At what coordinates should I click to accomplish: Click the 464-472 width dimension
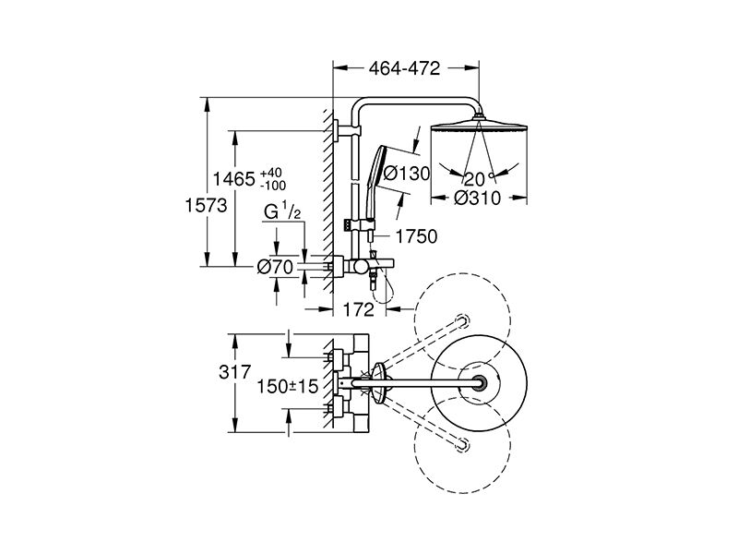coord(404,68)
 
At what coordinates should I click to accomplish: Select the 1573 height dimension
coord(206,205)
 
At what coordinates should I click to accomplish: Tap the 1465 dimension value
coord(234,179)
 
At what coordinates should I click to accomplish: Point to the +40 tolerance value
coord(271,173)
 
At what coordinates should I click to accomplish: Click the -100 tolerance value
coord(273,186)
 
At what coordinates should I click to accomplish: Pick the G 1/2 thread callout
coord(282,211)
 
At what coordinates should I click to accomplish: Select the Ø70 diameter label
coord(276,268)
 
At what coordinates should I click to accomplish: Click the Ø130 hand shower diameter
coord(407,174)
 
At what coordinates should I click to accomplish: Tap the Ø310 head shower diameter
coord(477,198)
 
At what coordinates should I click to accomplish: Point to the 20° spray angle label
coord(478,178)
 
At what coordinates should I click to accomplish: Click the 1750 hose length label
coord(417,236)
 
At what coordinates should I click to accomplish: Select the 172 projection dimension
coord(359,309)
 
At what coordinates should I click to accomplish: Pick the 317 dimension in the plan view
coord(235,372)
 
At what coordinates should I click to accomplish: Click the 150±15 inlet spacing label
coord(288,387)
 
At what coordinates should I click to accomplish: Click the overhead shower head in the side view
coord(479,127)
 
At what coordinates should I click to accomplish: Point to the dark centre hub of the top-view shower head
coord(479,382)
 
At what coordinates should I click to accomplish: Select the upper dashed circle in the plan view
coord(462,320)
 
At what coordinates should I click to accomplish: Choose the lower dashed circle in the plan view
coord(462,445)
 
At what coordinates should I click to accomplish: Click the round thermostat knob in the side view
coord(360,268)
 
